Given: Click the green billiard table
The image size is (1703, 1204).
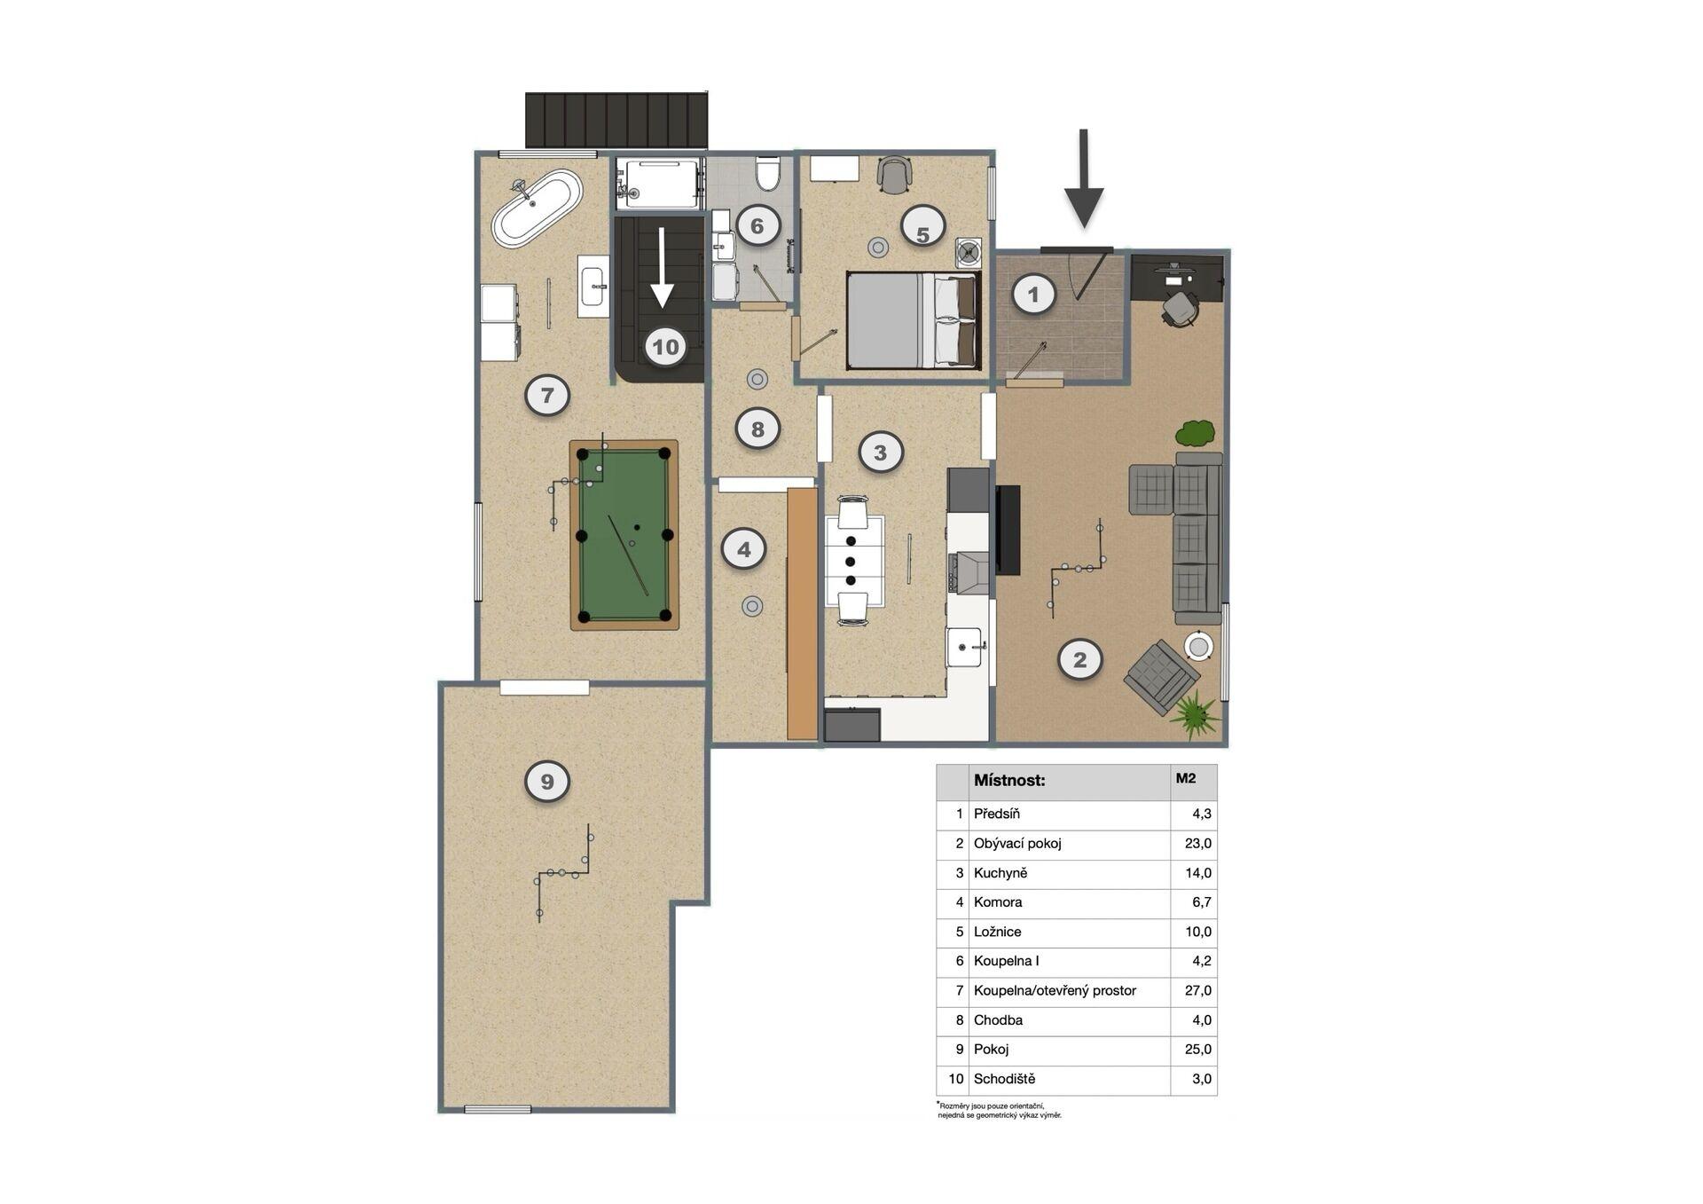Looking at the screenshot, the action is [x=624, y=535].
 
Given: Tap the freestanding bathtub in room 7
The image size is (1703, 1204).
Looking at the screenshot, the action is [x=538, y=209].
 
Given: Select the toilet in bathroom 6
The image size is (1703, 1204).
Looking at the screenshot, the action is [x=767, y=173].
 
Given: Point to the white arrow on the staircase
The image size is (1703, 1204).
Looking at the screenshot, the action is [x=662, y=267].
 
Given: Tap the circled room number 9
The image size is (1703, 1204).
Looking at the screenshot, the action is [x=547, y=782].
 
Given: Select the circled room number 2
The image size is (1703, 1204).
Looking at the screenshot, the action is [x=1079, y=659].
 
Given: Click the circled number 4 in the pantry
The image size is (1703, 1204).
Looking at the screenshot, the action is [x=743, y=549].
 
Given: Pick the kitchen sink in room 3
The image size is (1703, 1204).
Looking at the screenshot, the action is [x=965, y=646].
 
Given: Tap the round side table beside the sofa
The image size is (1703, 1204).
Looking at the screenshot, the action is [x=1199, y=646].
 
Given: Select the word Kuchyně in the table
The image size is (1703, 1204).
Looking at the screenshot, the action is [x=1001, y=873].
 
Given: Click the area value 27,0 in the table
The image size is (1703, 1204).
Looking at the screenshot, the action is [x=1197, y=990].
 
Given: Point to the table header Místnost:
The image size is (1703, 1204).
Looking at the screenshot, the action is [x=1009, y=781].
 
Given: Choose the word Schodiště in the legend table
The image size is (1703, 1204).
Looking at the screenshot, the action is [x=1004, y=1079].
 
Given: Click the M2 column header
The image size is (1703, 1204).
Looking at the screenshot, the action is [x=1186, y=778].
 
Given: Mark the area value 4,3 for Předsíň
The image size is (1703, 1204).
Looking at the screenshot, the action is [x=1202, y=814].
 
